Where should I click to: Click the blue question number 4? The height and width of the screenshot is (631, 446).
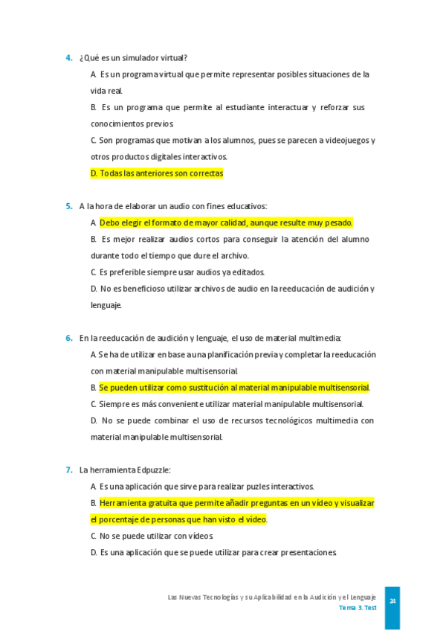(68, 58)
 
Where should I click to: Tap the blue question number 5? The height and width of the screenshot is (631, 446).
(68, 206)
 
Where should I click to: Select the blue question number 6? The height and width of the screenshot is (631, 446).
(68, 338)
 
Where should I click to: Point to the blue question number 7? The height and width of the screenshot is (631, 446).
(68, 470)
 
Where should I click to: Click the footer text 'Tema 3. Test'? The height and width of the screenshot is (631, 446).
(358, 608)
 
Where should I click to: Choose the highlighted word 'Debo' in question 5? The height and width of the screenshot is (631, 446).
(109, 222)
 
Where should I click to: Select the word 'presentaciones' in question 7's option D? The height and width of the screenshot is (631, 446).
(307, 552)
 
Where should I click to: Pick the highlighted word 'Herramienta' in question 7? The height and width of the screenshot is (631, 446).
(123, 503)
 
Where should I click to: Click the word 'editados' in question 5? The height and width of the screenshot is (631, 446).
(249, 272)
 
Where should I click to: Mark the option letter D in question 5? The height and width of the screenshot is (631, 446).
(94, 289)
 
